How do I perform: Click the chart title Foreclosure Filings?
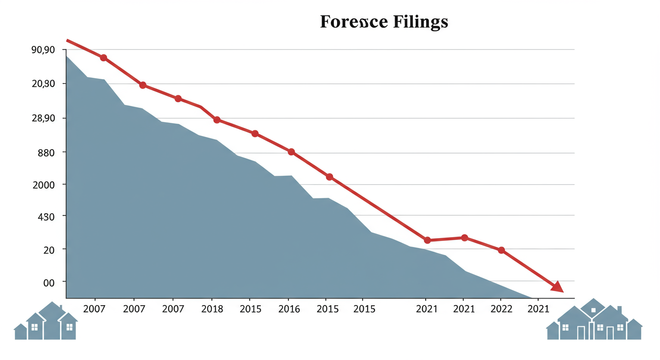pyautogui.click(x=384, y=22)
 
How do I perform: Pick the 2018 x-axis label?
pyautogui.click(x=212, y=309)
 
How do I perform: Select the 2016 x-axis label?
pyautogui.click(x=289, y=309)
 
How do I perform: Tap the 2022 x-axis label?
pyautogui.click(x=501, y=309)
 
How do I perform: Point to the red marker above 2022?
pyautogui.click(x=501, y=250)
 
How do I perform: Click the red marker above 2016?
pyautogui.click(x=291, y=152)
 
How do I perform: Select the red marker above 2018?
pyautogui.click(x=217, y=120)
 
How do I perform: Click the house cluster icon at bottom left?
pyautogui.click(x=46, y=322)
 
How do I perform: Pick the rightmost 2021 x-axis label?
pyautogui.click(x=538, y=309)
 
